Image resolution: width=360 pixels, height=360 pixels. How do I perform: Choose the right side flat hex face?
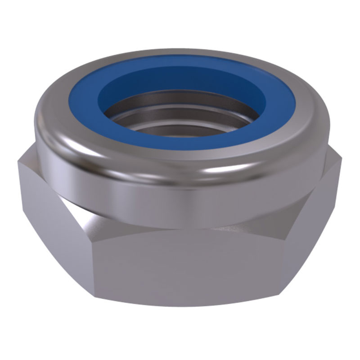315,216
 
